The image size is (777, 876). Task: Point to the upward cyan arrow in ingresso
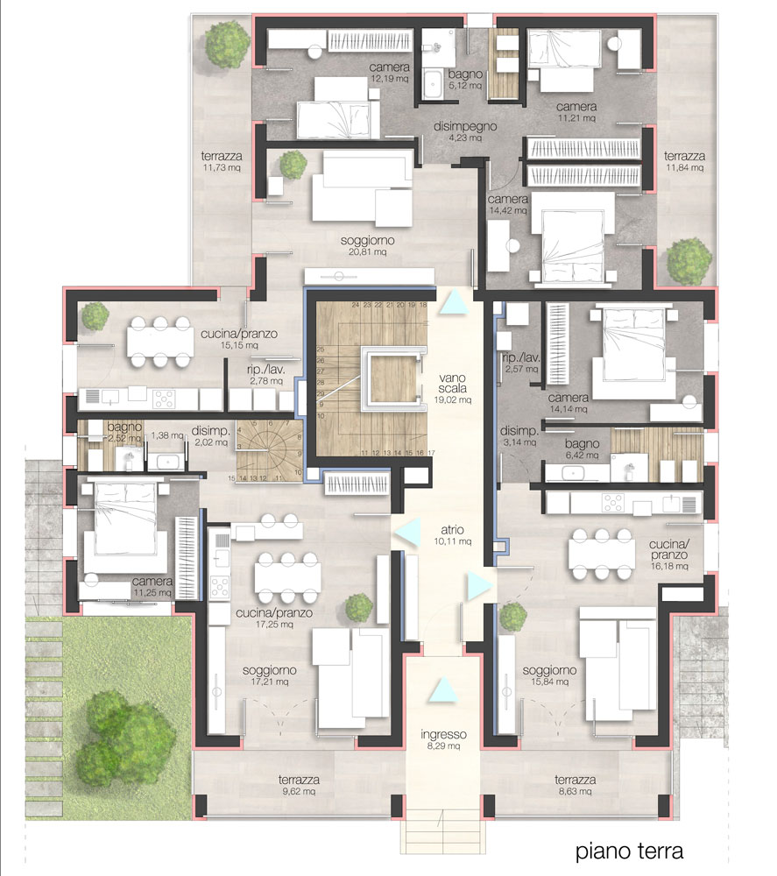(443, 689)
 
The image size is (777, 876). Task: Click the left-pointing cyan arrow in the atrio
(408, 532)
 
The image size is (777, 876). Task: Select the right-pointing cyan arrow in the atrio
(479, 585)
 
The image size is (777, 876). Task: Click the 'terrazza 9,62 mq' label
(299, 785)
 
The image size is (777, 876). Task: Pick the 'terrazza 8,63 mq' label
(575, 785)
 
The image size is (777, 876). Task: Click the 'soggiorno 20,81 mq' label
(367, 246)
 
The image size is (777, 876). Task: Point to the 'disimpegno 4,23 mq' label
(465, 131)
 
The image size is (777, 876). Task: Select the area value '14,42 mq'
(508, 210)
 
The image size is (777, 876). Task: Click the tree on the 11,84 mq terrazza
(689, 261)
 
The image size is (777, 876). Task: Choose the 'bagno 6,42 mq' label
(582, 449)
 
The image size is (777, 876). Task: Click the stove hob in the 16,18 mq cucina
(613, 503)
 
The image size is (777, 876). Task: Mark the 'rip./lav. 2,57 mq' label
(520, 364)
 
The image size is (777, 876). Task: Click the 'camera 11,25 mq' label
(152, 587)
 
